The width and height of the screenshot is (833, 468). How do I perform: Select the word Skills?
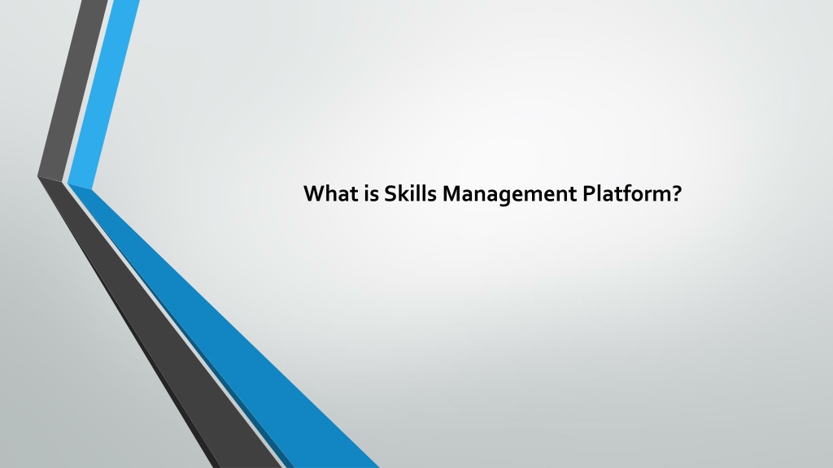click(410, 193)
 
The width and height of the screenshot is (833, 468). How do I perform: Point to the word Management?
click(509, 195)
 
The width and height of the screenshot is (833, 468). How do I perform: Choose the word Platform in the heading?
click(627, 193)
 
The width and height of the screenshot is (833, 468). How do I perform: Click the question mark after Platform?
click(676, 193)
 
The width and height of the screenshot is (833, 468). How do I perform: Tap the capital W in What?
click(314, 193)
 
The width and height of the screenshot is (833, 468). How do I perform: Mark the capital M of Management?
click(451, 193)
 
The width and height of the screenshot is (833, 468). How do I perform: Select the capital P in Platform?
click(589, 193)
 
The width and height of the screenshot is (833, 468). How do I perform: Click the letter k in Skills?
click(403, 193)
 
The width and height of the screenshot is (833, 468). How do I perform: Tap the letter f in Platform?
click(629, 193)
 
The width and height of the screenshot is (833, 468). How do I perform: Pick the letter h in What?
click(333, 193)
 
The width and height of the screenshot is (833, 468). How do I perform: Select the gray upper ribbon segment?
click(73, 90)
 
